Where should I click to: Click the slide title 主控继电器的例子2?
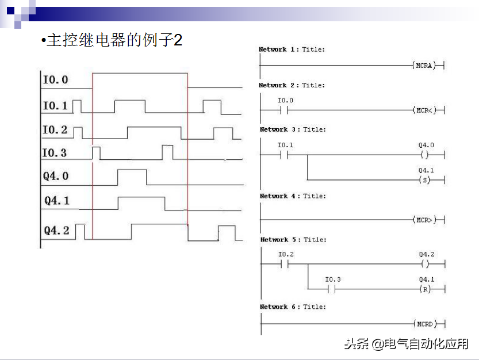coord(113,41)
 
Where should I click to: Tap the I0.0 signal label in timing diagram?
coord(55,80)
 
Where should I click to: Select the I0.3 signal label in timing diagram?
coord(55,153)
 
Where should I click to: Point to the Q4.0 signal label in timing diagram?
coord(56,176)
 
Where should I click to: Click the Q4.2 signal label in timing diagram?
coord(57,231)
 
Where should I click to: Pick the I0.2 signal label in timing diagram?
coord(55,130)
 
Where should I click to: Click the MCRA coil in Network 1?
coord(424,66)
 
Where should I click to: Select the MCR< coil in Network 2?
coord(424,110)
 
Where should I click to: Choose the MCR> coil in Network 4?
coord(424,220)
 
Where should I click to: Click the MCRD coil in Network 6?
coord(424,324)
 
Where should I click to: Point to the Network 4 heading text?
coord(292,196)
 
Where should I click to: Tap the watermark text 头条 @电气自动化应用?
coord(406,344)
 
